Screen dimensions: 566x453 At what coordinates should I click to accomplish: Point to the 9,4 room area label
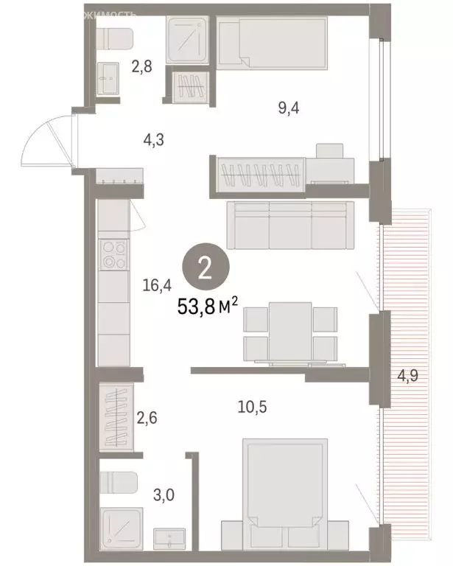(288, 109)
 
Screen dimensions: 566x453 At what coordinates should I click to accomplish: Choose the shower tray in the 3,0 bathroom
(118, 528)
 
